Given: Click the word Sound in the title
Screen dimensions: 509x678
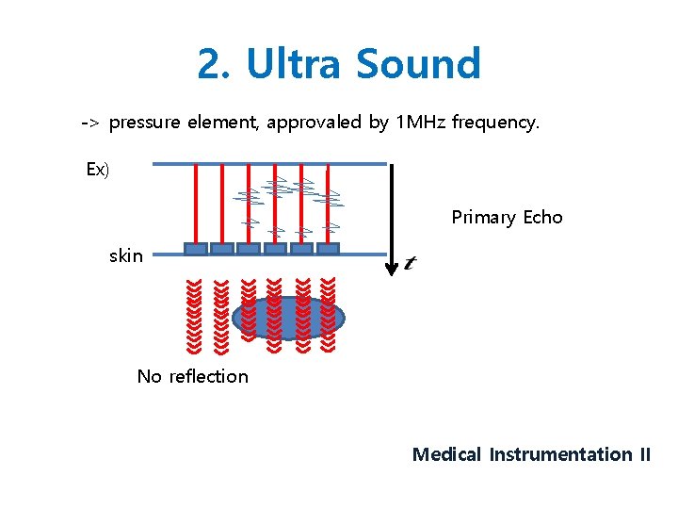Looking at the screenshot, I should pyautogui.click(x=418, y=64).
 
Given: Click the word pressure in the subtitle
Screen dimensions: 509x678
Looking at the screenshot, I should pyautogui.click(x=143, y=123).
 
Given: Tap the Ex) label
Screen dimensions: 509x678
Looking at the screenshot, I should pyautogui.click(x=98, y=170).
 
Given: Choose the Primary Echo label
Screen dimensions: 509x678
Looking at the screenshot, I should pyautogui.click(x=507, y=218).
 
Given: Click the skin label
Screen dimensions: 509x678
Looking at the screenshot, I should pyautogui.click(x=126, y=255).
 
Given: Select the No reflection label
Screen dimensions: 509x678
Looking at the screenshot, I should pyautogui.click(x=193, y=377).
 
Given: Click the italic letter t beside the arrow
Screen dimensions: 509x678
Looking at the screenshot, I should pyautogui.click(x=409, y=263).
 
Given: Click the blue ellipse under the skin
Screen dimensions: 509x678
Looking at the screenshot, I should pyautogui.click(x=288, y=318).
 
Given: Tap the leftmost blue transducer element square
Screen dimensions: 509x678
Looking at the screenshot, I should pyautogui.click(x=195, y=249).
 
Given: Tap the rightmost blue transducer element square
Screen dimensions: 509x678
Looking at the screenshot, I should pyautogui.click(x=328, y=249).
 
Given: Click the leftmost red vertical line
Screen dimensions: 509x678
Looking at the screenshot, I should pyautogui.click(x=195, y=203).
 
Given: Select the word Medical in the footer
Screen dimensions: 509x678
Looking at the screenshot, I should pyautogui.click(x=447, y=454).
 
